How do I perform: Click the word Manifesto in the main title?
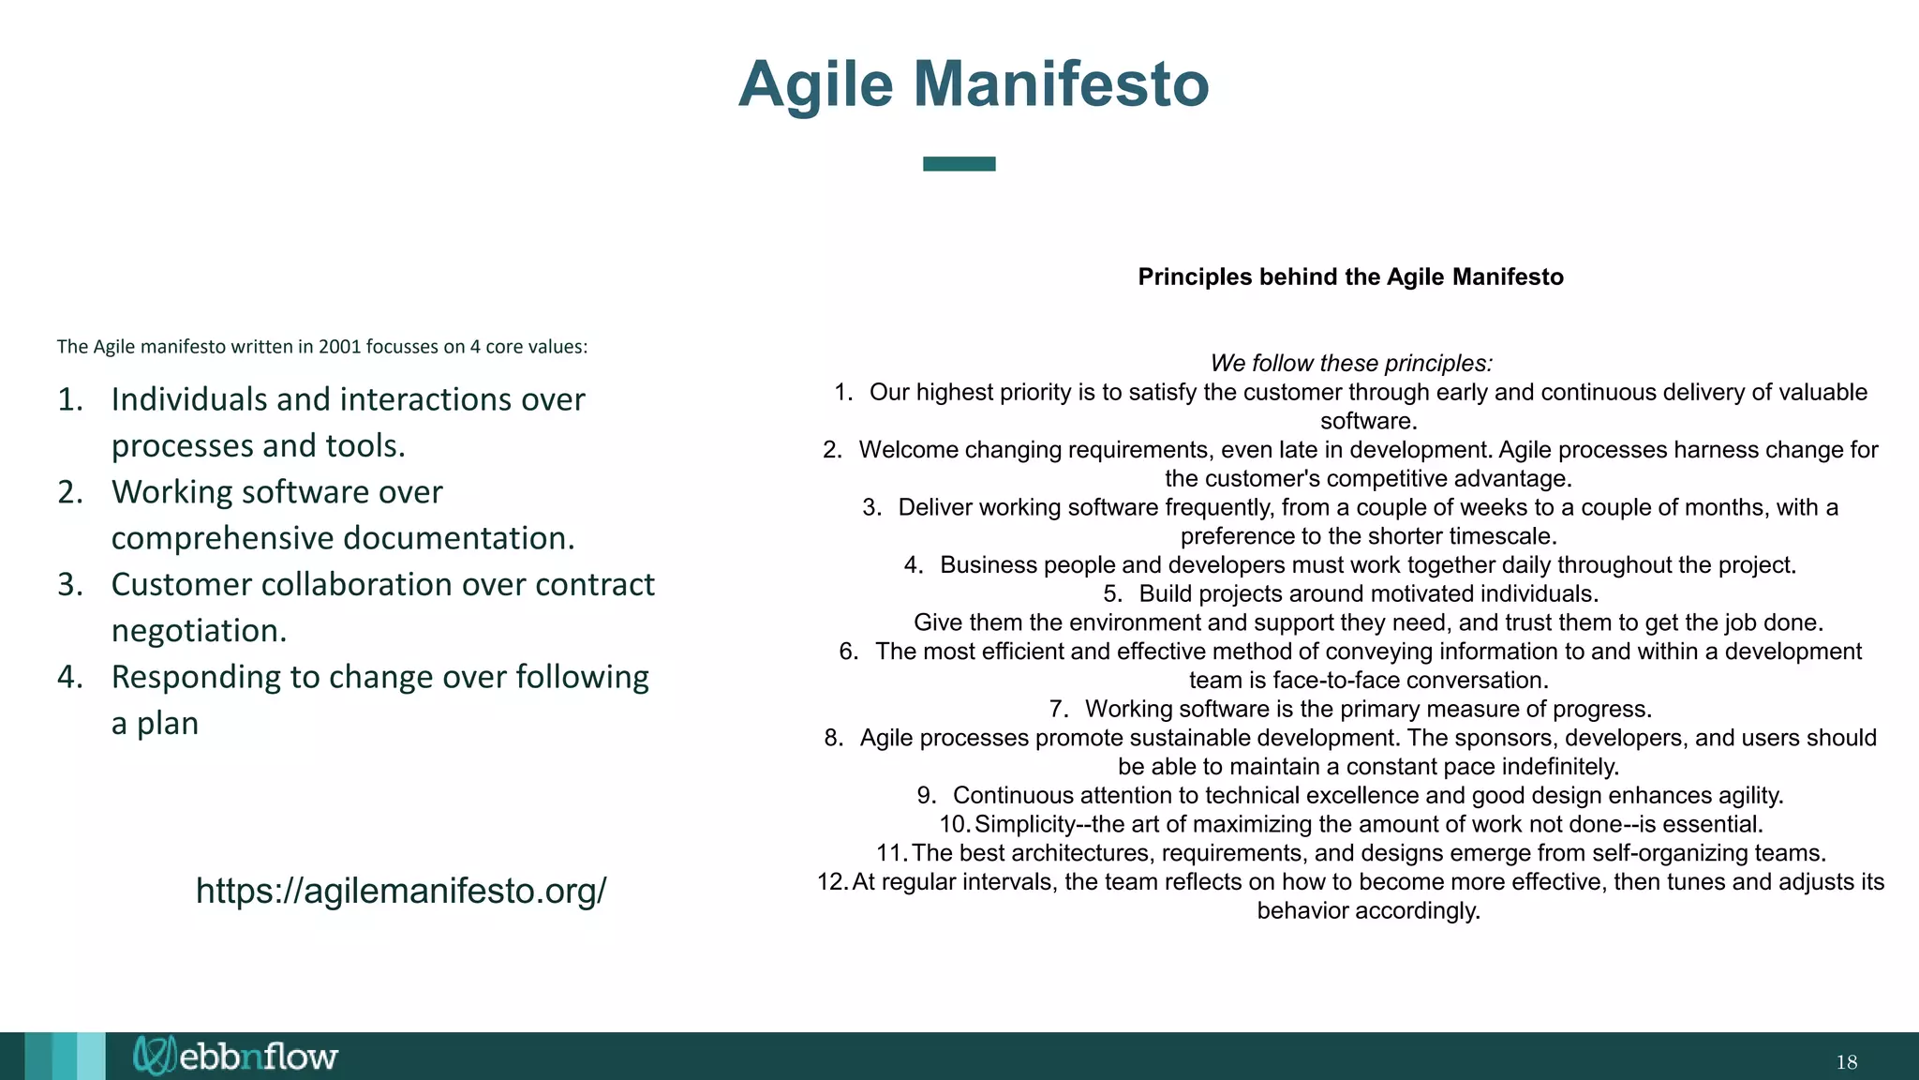point(1061,84)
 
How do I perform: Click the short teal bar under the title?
point(959,164)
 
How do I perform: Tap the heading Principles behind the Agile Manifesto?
point(1350,277)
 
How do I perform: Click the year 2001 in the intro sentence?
point(339,347)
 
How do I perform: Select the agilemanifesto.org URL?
point(401,891)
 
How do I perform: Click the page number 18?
point(1846,1062)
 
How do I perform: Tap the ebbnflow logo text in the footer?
point(258,1057)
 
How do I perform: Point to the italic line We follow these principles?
point(1350,363)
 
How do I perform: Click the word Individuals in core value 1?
point(188,399)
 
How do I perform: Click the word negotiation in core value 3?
point(198,631)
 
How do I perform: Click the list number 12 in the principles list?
point(830,882)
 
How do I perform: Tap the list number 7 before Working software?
point(1058,710)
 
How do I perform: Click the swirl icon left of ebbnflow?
point(153,1056)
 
